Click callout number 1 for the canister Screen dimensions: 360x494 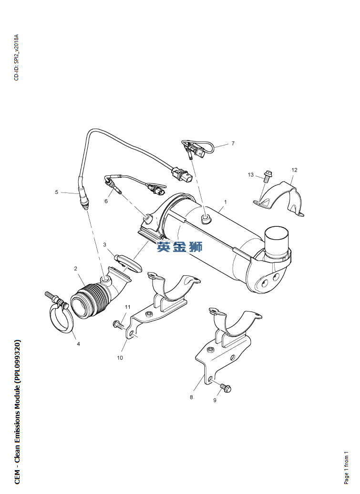click(226, 202)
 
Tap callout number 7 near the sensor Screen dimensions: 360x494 click(233, 143)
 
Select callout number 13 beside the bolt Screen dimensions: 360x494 click(251, 174)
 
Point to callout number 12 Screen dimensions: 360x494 click(294, 170)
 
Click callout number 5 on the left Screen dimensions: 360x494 click(57, 192)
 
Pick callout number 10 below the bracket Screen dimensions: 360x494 click(120, 358)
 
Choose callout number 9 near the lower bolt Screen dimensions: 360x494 click(215, 400)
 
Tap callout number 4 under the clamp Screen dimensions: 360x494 click(79, 344)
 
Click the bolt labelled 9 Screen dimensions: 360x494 click(226, 387)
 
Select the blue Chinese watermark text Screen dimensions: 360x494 click(180, 246)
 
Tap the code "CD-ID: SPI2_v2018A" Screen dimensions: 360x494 click(17, 57)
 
